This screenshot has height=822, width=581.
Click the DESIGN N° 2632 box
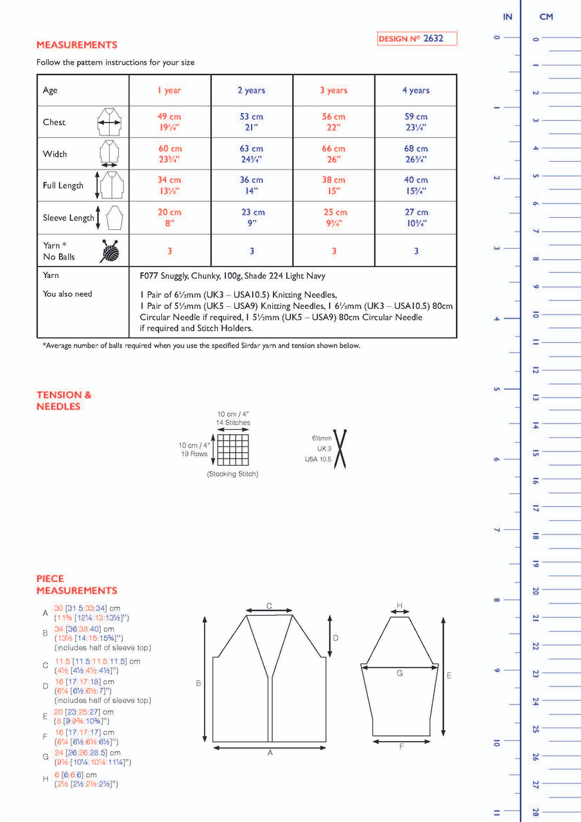pyautogui.click(x=417, y=39)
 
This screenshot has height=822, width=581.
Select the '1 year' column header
pyautogui.click(x=169, y=91)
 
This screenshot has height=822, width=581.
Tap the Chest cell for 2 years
pyautogui.click(x=252, y=122)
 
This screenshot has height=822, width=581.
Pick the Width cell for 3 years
pyautogui.click(x=334, y=153)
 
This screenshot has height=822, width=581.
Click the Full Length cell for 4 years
pyautogui.click(x=416, y=186)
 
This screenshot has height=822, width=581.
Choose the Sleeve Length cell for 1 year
pyautogui.click(x=169, y=217)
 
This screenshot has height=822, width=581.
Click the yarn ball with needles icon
pyautogui.click(x=109, y=251)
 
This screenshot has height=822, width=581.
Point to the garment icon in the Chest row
pyautogui.click(x=109, y=122)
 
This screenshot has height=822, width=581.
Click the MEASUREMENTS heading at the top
pyautogui.click(x=76, y=45)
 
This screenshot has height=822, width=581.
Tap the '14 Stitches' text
pyautogui.click(x=233, y=423)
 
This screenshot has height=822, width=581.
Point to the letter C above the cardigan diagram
pyautogui.click(x=270, y=606)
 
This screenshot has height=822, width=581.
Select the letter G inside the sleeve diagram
pyautogui.click(x=399, y=673)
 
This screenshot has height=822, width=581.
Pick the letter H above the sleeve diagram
pyautogui.click(x=399, y=606)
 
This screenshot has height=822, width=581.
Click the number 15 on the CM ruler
pyautogui.click(x=535, y=453)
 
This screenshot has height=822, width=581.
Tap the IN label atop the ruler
pyautogui.click(x=508, y=17)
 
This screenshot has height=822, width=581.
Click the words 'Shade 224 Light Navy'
pyautogui.click(x=285, y=275)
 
